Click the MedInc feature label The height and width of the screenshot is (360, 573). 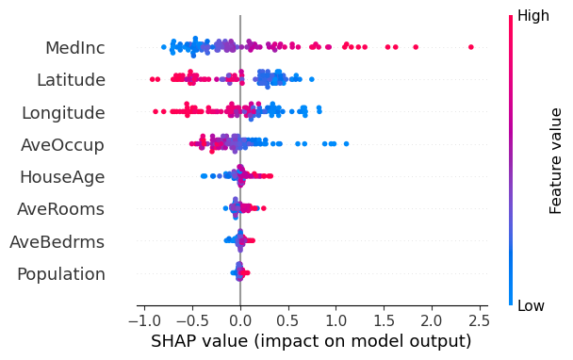[x=74, y=48]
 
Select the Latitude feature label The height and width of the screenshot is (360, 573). [x=71, y=80]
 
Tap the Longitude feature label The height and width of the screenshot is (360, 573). [x=63, y=113]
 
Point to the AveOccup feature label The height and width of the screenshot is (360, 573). [x=63, y=145]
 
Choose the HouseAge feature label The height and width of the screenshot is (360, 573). [x=62, y=177]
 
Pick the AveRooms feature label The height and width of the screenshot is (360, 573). [x=62, y=209]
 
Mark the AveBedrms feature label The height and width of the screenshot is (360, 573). [x=57, y=242]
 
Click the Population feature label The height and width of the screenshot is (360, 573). [x=61, y=274]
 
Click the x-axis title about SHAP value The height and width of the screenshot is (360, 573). [x=311, y=341]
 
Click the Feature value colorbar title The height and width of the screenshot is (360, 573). [x=556, y=160]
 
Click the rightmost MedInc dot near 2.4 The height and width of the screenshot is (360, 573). [x=471, y=47]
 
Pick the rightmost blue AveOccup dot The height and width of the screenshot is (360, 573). [x=347, y=144]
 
